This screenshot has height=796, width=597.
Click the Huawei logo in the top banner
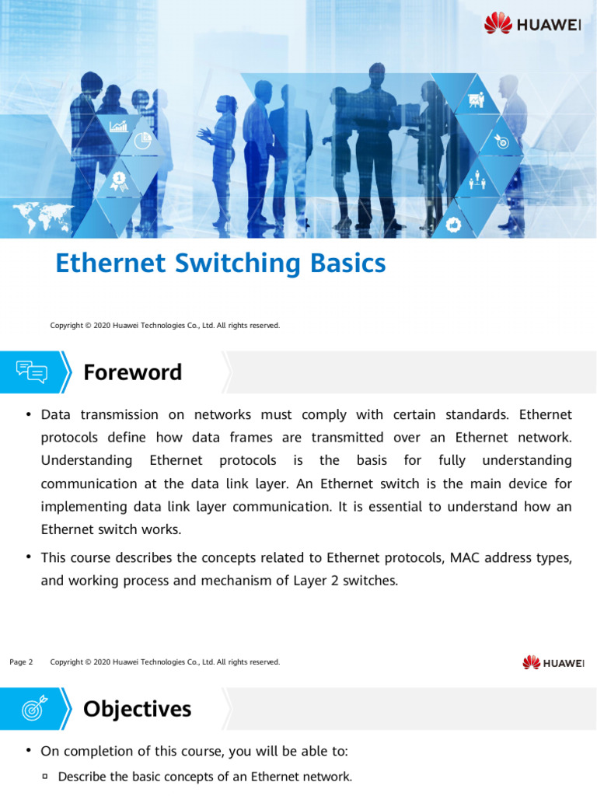tap(532, 23)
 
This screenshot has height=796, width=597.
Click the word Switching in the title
tap(237, 264)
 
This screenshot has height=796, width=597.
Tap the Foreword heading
tap(132, 372)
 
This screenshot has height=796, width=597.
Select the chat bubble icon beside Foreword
tap(32, 372)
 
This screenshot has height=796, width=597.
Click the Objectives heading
tap(137, 709)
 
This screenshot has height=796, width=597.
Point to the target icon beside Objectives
tap(33, 708)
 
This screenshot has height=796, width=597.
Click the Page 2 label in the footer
tap(21, 662)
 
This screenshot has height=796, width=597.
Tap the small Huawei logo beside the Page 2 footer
tap(553, 662)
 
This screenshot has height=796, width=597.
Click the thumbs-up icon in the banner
tap(454, 225)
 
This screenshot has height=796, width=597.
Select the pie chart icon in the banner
tap(142, 141)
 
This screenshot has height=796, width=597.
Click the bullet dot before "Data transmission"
tap(29, 414)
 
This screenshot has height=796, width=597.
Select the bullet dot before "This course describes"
tap(29, 557)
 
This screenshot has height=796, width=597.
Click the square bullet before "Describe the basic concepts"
tap(45, 776)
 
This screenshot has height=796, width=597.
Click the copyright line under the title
tap(165, 326)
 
